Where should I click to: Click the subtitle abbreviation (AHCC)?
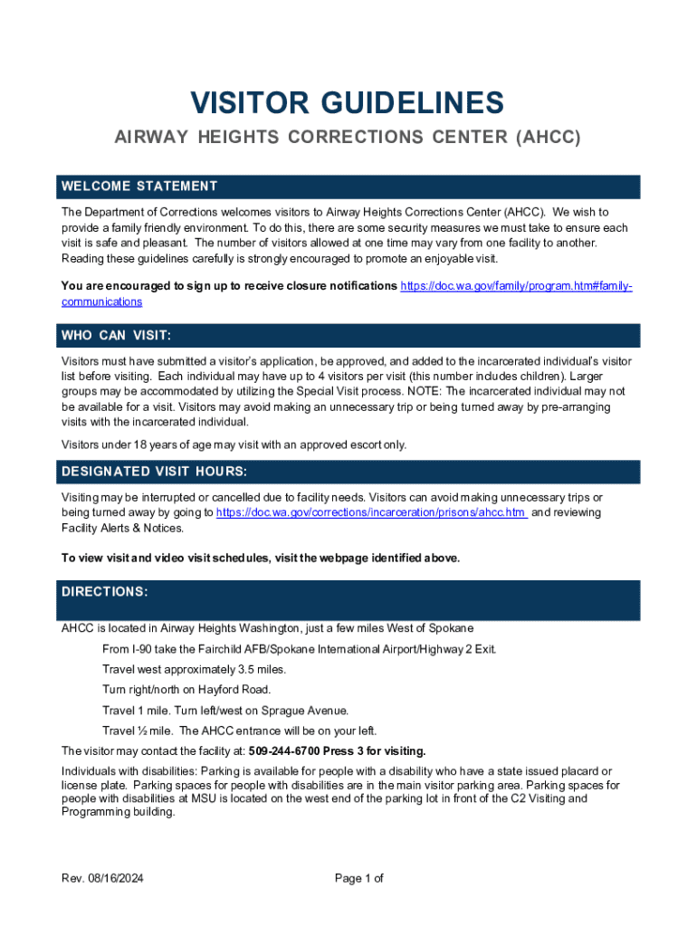[x=547, y=139]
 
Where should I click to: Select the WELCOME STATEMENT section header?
[x=139, y=186]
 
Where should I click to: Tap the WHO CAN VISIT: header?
[x=116, y=336]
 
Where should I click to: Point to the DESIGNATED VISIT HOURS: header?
[x=153, y=472]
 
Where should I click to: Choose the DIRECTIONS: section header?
[x=104, y=591]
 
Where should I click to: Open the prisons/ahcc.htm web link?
[x=372, y=512]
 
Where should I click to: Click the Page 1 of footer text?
[x=359, y=878]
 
